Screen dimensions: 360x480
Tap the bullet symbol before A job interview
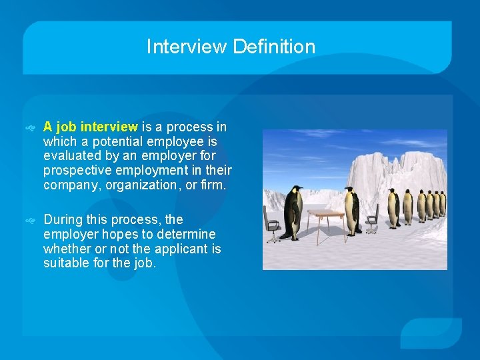pyautogui.click(x=30, y=127)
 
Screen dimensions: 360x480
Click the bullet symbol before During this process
pyautogui.click(x=30, y=220)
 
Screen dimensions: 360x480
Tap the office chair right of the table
pyautogui.click(x=373, y=217)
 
